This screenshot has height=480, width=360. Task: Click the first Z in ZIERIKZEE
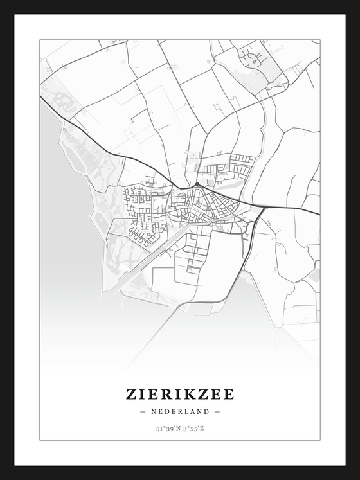(131, 394)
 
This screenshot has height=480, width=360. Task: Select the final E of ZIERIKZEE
(229, 394)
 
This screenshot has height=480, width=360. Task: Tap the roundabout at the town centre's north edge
(196, 185)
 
